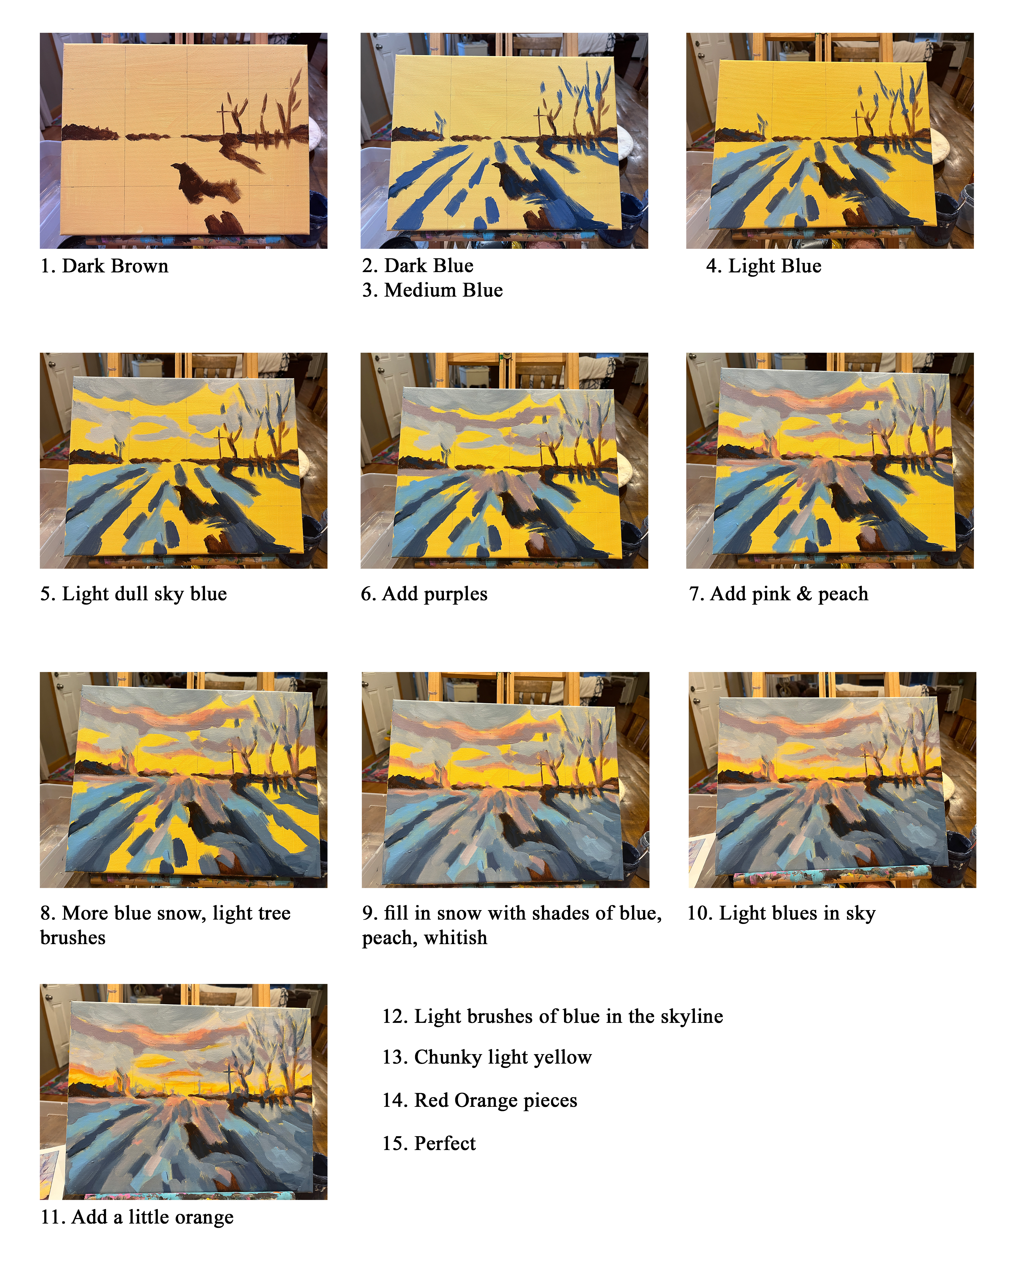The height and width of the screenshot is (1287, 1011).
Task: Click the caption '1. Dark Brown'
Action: tap(104, 266)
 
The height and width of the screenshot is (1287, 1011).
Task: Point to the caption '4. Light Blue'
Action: tap(763, 266)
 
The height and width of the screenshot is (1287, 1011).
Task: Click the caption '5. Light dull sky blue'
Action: tap(134, 594)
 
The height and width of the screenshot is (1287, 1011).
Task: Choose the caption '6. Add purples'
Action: tap(424, 594)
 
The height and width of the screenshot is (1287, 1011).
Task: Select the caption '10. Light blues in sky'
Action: tap(781, 913)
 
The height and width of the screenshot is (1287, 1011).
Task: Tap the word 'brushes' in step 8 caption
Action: tap(73, 938)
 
